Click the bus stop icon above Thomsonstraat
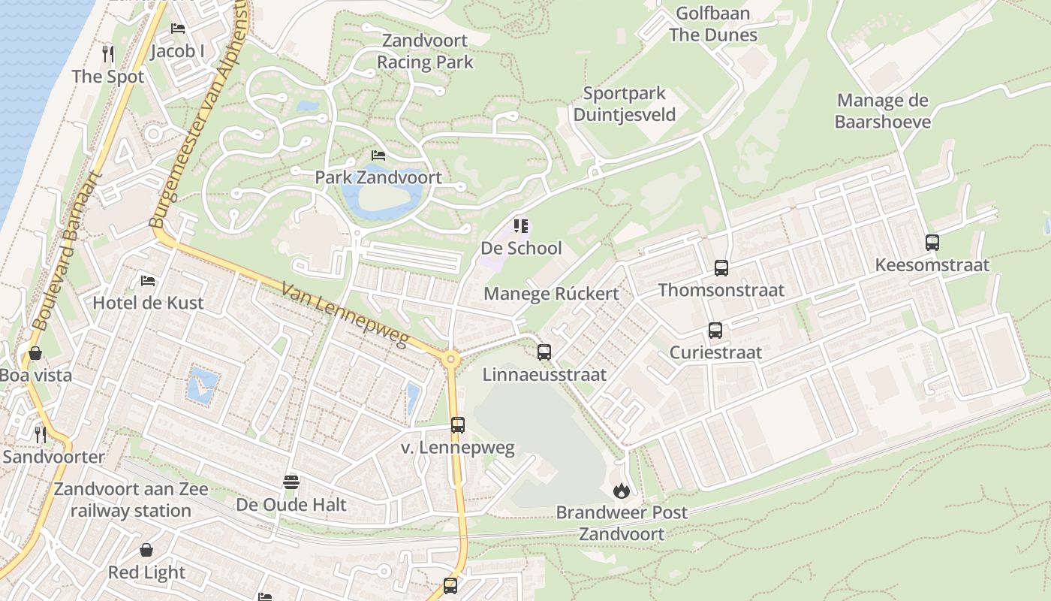721,267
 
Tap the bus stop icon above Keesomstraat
932,243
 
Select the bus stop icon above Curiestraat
715,330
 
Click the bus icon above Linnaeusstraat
544,352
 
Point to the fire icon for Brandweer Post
621,491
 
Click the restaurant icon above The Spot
108,53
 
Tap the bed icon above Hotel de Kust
148,281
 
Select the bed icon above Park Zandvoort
378,155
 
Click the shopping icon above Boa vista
35,352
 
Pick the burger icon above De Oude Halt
291,482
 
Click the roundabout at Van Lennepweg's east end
450,359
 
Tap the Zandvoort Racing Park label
425,51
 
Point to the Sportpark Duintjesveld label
624,104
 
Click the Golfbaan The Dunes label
712,24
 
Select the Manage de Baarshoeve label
882,110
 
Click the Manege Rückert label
551,294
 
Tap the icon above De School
520,225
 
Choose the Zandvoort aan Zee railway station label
131,500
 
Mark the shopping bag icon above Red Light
146,550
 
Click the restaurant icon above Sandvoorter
41,433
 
